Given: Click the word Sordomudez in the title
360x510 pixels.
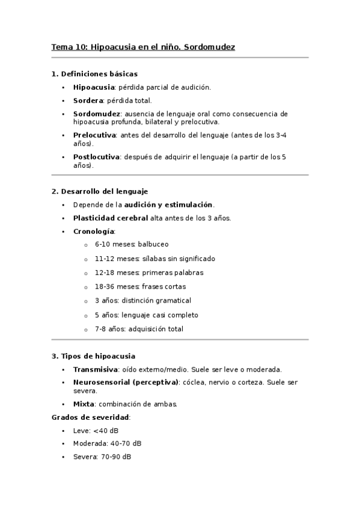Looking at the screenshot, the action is (x=213, y=46).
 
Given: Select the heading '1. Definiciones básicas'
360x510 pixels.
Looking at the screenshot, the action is (x=94, y=74).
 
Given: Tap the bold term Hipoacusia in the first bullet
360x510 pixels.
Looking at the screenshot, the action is (x=94, y=87).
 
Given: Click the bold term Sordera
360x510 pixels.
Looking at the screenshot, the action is (x=88, y=100).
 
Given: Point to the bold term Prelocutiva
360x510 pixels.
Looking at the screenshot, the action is (x=94, y=135).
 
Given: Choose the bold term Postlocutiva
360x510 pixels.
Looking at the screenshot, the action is (x=96, y=157).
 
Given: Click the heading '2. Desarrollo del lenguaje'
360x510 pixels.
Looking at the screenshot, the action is (x=99, y=191).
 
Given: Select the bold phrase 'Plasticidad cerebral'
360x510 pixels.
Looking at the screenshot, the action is (x=110, y=218).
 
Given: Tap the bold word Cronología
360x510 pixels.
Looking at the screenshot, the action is (x=93, y=231).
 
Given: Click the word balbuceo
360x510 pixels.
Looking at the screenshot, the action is (x=153, y=244).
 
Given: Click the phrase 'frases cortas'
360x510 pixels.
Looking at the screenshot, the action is (x=163, y=286).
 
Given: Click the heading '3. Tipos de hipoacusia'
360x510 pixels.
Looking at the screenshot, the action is (x=93, y=356).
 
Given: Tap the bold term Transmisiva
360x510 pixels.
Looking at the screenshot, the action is (x=95, y=369).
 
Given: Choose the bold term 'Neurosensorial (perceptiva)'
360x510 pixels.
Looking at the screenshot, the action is (x=126, y=382).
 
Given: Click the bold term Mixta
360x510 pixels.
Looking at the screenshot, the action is (x=84, y=404).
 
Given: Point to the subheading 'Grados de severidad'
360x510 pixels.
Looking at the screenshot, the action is (x=90, y=417).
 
